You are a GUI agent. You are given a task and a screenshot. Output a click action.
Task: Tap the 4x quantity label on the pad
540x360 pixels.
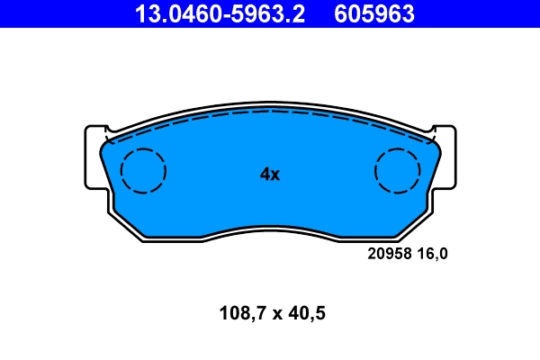(x=270, y=175)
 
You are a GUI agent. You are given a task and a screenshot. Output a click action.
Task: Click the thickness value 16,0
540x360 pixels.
(x=431, y=254)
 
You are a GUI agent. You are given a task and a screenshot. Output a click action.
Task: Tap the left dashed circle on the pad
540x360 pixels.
(x=144, y=170)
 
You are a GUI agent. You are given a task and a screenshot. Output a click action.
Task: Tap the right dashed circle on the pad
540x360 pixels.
(x=397, y=170)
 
